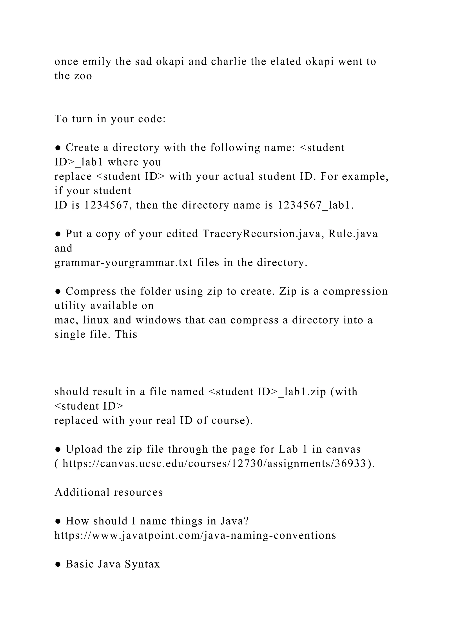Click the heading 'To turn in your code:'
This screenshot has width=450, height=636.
pos(110,119)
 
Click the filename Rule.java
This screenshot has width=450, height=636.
pos(353,234)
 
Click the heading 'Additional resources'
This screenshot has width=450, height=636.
pos(109,492)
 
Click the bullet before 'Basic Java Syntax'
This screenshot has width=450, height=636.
pos(58,564)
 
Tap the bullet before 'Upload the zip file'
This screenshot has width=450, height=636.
pos(58,449)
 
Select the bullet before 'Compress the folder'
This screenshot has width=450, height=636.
pos(58,291)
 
